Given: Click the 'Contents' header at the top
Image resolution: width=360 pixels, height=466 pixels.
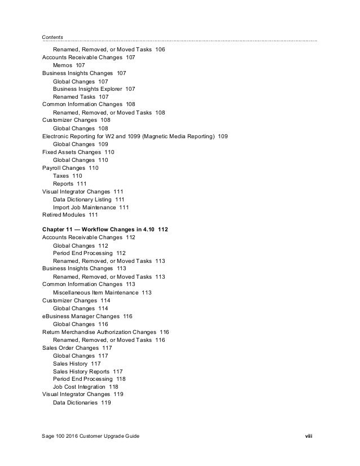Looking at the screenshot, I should click(52, 37).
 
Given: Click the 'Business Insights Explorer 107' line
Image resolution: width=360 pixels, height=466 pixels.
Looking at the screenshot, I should click(94, 89).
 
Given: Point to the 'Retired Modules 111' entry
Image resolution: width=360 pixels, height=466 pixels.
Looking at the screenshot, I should click(70, 215).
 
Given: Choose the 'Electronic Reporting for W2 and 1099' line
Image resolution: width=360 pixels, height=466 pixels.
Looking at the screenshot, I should click(135, 137).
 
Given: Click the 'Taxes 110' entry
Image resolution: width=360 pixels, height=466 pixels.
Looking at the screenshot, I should click(67, 176).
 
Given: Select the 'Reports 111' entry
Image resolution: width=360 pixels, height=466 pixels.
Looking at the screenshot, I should click(69, 184).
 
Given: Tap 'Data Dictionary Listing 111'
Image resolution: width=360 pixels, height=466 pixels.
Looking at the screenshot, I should click(89, 199).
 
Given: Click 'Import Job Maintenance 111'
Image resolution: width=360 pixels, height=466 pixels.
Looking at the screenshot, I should click(90, 207).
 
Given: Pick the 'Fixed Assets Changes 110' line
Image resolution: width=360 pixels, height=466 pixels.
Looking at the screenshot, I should click(78, 152).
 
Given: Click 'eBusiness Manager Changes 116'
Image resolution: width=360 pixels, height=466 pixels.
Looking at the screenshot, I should click(87, 316).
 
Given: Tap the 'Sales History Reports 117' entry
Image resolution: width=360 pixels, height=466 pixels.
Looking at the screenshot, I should click(87, 371).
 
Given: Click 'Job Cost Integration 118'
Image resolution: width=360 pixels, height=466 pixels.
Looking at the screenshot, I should click(85, 387).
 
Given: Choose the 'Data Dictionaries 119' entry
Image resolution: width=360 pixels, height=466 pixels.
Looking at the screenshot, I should click(81, 403).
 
